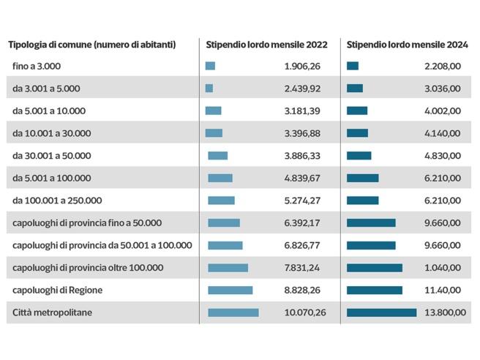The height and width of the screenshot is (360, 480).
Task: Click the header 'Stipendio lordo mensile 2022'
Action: point(266,44)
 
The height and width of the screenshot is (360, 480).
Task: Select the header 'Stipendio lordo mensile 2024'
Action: point(406,44)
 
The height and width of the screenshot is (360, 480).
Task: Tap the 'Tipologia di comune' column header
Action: point(91,44)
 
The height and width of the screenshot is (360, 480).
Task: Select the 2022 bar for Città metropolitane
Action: point(233,312)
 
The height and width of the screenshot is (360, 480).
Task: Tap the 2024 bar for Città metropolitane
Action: point(381,312)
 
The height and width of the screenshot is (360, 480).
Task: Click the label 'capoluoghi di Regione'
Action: point(57,290)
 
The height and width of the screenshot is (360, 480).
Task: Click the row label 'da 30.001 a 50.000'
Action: point(51,155)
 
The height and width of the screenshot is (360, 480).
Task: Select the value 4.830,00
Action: point(443,155)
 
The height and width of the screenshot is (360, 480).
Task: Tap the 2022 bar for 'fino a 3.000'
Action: point(210,66)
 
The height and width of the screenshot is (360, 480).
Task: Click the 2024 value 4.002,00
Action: point(443,110)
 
